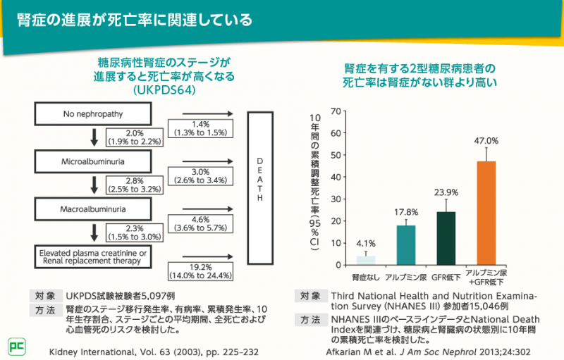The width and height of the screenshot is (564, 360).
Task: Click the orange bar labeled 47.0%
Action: [486, 213]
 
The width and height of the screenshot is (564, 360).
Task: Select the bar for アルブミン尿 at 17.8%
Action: [406, 245]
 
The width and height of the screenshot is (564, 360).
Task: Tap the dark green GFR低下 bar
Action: [446, 238]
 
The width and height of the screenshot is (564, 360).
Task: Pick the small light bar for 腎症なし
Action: [366, 260]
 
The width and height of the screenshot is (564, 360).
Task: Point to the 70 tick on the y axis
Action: [336, 111]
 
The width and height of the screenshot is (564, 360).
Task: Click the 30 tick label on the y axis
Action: [336, 199]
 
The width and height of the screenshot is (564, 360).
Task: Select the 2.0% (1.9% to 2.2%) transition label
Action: [135, 137]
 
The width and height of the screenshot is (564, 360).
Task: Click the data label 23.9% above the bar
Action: [446, 192]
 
